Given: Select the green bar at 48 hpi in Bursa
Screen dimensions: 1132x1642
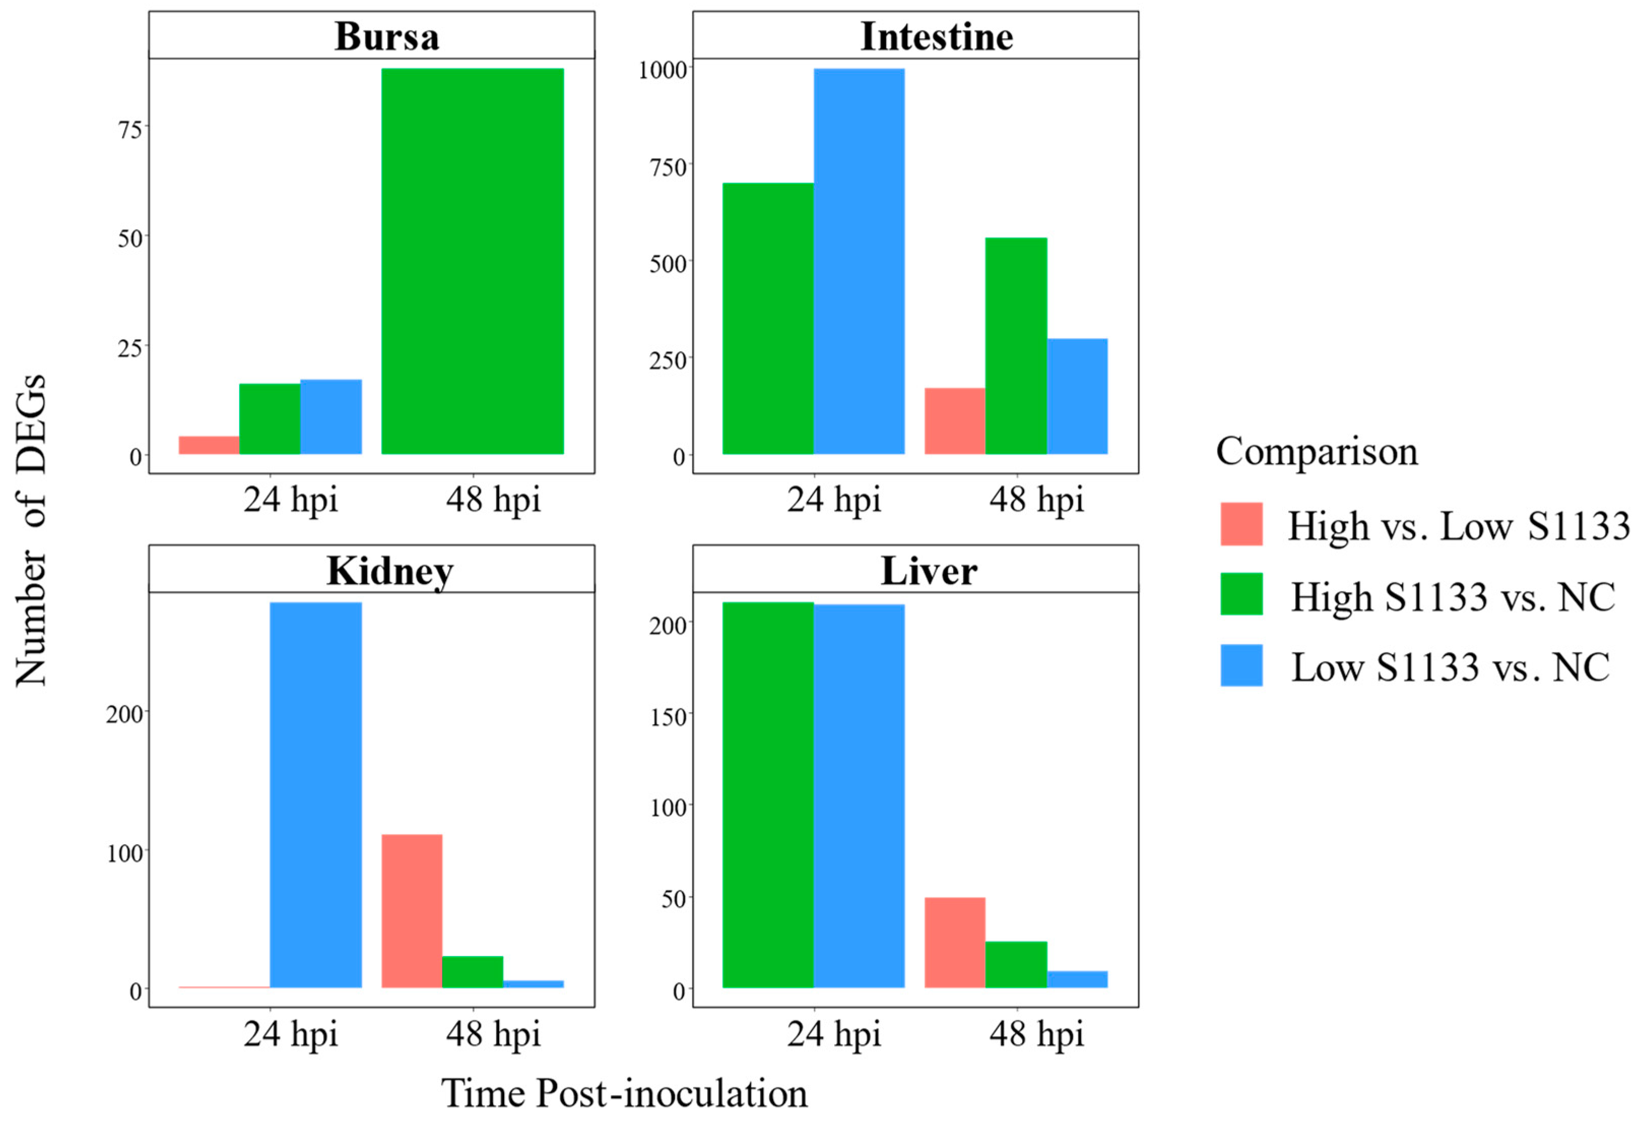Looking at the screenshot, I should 472,261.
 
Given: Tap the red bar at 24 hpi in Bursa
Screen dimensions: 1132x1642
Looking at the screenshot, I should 209,445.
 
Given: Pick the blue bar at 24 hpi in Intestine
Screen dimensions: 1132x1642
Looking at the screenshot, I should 859,261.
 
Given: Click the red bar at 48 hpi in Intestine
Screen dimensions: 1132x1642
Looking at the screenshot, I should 955,421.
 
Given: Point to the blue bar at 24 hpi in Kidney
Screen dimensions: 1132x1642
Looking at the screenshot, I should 316,794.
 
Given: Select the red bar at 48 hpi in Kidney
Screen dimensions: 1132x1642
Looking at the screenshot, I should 411,911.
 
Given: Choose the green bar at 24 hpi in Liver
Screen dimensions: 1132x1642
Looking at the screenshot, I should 768,794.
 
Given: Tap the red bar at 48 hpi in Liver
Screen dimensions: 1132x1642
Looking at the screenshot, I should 955,942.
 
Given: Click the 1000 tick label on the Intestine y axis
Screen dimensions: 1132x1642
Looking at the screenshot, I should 663,70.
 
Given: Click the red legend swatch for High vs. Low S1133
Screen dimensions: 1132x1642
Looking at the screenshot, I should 1241,524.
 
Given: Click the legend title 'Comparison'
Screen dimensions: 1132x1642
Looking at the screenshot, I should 1317,451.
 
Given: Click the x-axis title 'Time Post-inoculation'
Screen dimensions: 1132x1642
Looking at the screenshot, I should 624,1093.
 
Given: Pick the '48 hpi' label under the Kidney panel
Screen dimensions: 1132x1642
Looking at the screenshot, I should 493,1034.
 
